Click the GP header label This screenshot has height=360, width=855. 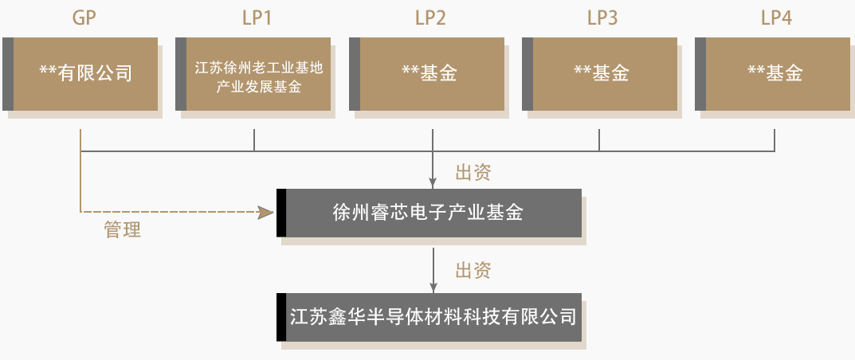click(x=84, y=18)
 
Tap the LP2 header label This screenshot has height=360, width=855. click(x=430, y=18)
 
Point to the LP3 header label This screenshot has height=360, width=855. click(x=602, y=18)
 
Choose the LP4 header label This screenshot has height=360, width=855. click(x=776, y=18)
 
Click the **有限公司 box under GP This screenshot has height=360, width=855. click(x=85, y=73)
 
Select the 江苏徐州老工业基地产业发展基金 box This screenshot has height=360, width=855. click(x=259, y=73)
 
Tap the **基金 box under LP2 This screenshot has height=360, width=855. click(x=430, y=73)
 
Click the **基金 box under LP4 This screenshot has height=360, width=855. click(x=776, y=73)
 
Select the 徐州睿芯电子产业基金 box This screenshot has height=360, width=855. click(x=430, y=213)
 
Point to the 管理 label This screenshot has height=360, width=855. click(x=122, y=231)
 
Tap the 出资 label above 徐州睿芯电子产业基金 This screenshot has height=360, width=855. click(x=473, y=172)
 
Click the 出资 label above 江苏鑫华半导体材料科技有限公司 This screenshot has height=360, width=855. click(x=473, y=270)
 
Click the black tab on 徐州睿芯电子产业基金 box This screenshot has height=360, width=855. click(x=280, y=213)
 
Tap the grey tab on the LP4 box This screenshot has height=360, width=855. click(x=700, y=73)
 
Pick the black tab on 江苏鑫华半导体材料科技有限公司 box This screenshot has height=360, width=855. click(x=280, y=317)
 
